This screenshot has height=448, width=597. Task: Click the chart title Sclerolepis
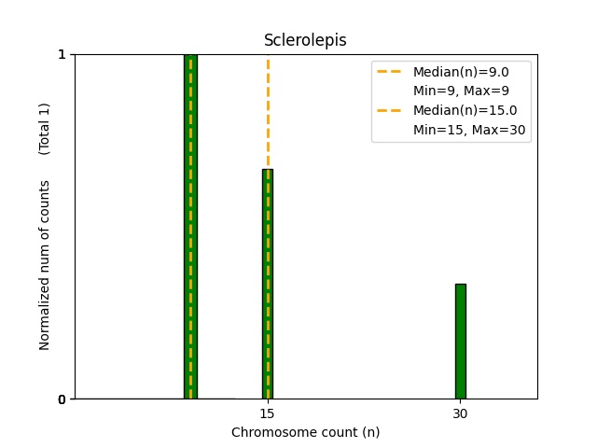[305, 40]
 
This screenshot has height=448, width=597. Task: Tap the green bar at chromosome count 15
[268, 289]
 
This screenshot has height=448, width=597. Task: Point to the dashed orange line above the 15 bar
[268, 112]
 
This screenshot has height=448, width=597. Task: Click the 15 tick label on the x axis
[267, 413]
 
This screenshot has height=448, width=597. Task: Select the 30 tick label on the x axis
[460, 413]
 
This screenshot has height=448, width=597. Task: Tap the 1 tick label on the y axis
[62, 54]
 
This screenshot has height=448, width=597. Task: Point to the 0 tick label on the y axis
[62, 399]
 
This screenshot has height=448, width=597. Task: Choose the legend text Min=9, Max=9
[460, 91]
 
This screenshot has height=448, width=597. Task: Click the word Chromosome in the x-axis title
[269, 432]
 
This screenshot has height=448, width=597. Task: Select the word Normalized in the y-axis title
[45, 314]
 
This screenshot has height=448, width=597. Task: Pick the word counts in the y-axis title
[45, 198]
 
